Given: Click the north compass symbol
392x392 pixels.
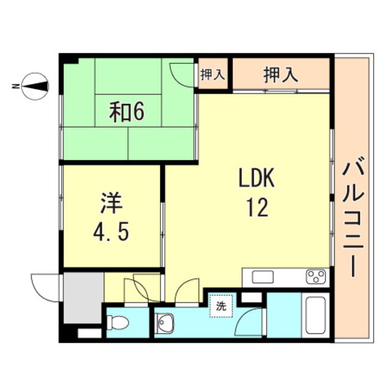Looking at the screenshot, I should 36,86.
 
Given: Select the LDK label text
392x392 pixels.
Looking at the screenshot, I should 257,180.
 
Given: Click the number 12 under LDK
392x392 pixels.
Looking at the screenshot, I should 257,209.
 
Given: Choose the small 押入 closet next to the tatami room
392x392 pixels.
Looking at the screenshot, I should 213,75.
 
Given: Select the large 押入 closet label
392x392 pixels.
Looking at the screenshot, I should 281,75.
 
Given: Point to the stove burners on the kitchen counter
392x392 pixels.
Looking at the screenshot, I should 317,277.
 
